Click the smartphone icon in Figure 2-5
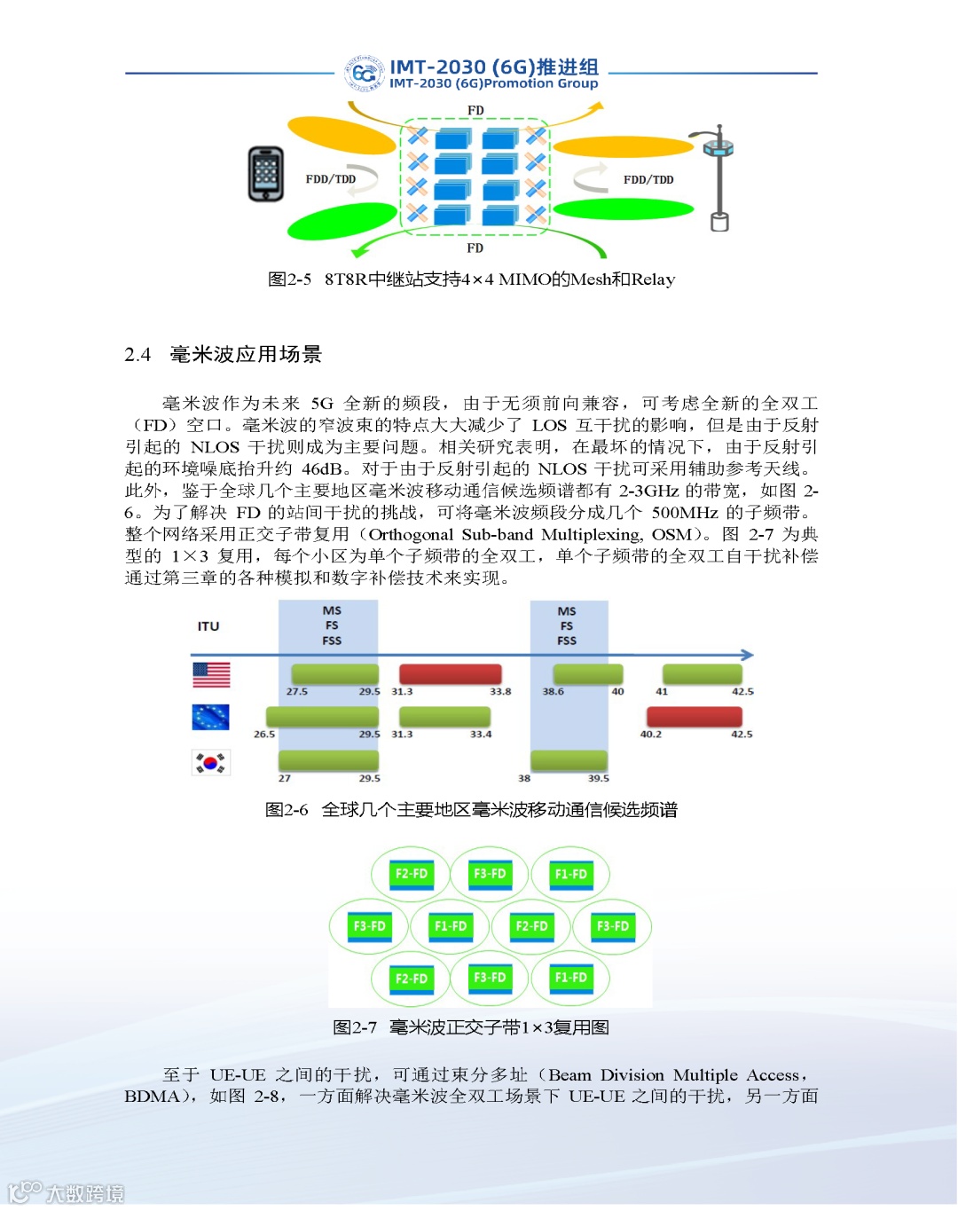[x=266, y=174]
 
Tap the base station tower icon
[x=718, y=177]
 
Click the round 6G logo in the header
[x=364, y=74]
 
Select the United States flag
[x=211, y=675]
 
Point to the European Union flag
[x=211, y=717]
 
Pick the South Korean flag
[x=211, y=762]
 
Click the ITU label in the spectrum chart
[x=208, y=626]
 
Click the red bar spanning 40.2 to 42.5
[x=694, y=717]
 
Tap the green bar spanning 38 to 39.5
[x=569, y=760]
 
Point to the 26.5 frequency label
[x=264, y=735]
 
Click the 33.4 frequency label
[x=481, y=735]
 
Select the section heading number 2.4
[x=137, y=355]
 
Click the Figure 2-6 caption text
[x=471, y=810]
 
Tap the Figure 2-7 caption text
[x=471, y=1027]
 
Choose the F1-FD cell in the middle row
[x=451, y=926]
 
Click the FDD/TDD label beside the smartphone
[x=331, y=179]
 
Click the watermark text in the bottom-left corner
[x=84, y=1193]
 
